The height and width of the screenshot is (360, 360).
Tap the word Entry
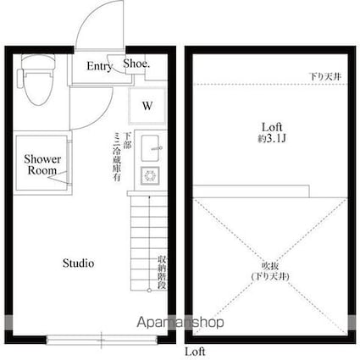pos(99,67)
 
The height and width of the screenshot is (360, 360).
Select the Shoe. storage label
pos(137,63)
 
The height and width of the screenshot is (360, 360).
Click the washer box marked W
pos(147,106)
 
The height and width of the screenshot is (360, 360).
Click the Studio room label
pos(78,263)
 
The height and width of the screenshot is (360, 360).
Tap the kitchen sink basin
pos(152,146)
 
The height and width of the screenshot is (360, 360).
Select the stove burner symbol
pos(152,176)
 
